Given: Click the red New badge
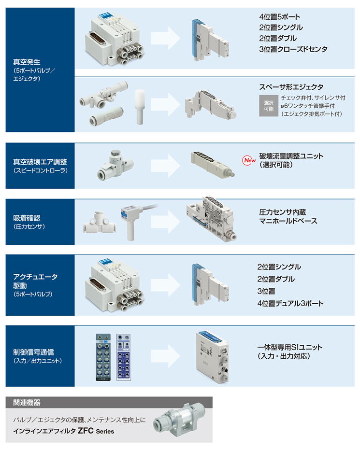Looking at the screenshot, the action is (x=249, y=160).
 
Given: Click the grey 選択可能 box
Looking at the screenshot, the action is (x=269, y=106).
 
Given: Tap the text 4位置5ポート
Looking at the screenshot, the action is (x=280, y=17).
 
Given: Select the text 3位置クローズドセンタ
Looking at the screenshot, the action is (x=293, y=49).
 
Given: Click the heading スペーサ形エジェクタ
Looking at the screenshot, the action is (x=291, y=87).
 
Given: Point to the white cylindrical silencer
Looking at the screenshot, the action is (x=140, y=107).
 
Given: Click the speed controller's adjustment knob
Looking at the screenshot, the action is (x=115, y=153).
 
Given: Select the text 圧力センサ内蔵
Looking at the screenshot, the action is (x=282, y=212).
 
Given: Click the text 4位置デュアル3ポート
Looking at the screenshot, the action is (x=290, y=303).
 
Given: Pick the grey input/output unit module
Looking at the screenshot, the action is (x=103, y=357).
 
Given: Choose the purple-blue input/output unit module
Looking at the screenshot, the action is (x=124, y=357).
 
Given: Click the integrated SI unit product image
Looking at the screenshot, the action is (x=212, y=357).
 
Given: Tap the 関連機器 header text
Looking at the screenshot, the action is (x=27, y=402).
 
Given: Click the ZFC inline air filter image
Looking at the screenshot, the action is (x=179, y=420).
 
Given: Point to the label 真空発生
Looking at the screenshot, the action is (x=27, y=62).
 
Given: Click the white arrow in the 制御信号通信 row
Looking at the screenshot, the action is (x=165, y=356).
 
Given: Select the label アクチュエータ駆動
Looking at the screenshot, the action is (x=35, y=281).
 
